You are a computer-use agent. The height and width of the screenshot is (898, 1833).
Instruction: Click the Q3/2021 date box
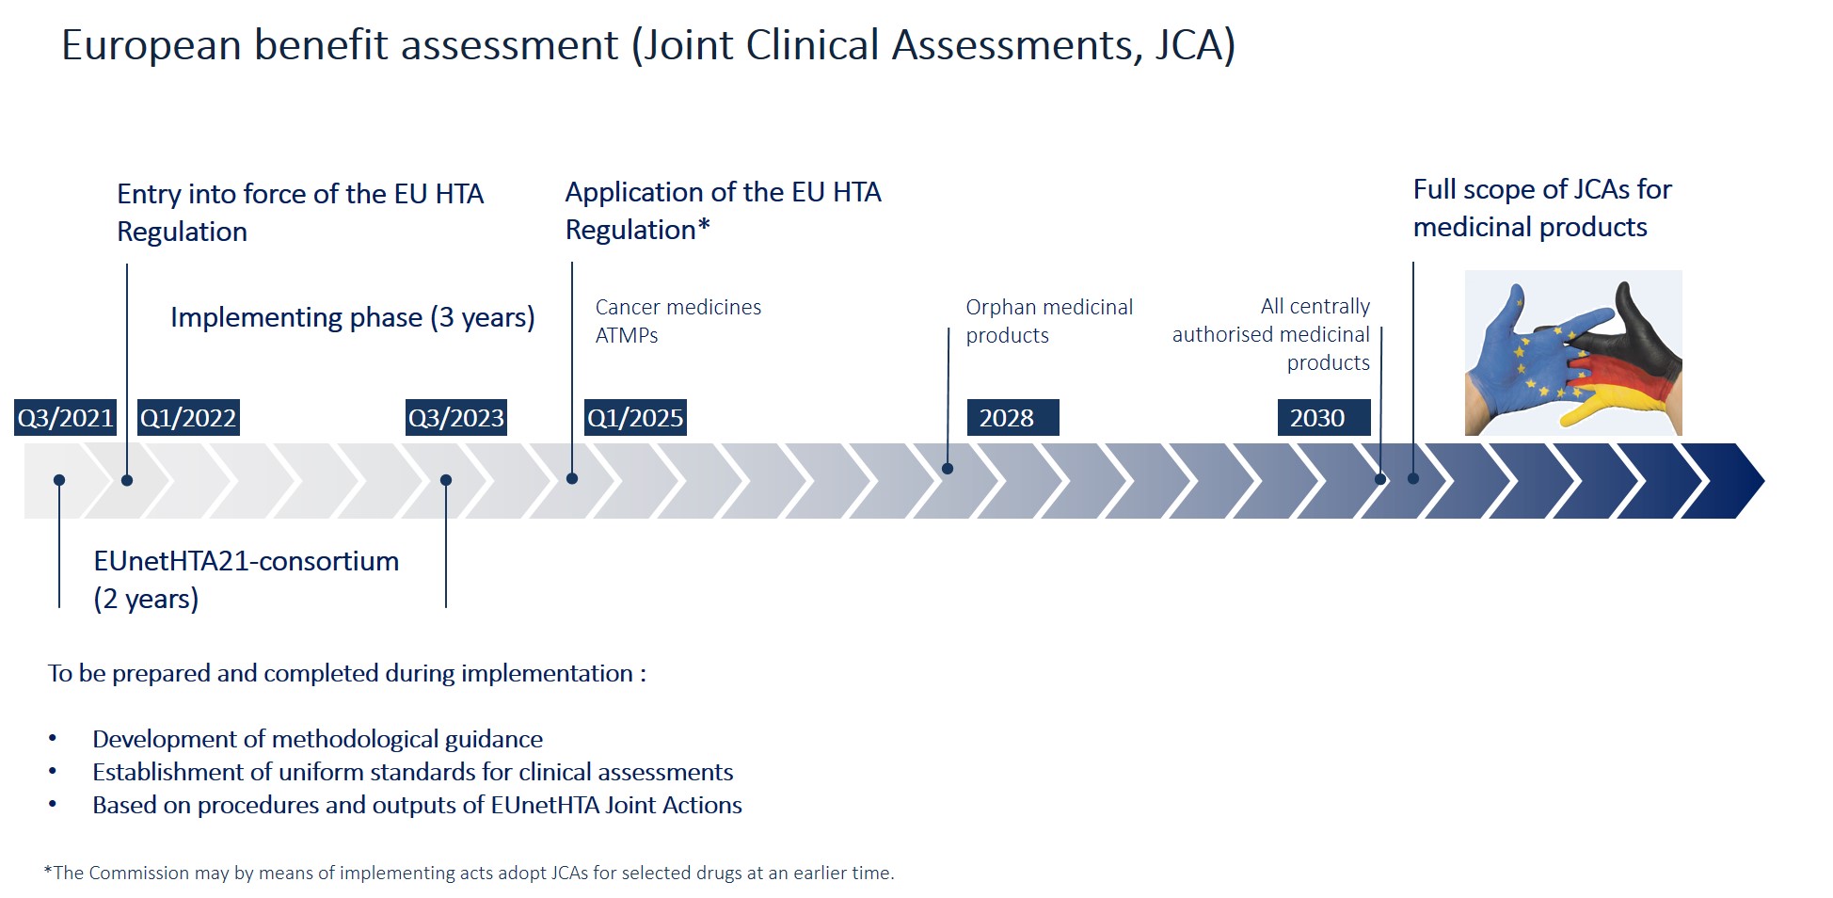click(x=65, y=418)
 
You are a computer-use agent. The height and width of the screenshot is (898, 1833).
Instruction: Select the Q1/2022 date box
click(x=188, y=418)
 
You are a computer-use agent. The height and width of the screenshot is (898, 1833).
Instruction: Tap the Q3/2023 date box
click(x=456, y=418)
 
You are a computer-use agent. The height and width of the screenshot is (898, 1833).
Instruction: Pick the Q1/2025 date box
click(x=635, y=418)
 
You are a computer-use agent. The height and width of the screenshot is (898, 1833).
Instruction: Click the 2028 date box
click(x=1013, y=418)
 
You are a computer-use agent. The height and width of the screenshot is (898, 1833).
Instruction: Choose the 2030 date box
click(x=1324, y=418)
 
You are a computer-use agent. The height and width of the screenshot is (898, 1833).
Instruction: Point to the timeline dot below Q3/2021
click(x=59, y=480)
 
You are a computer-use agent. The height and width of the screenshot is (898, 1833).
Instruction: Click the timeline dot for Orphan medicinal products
click(x=948, y=469)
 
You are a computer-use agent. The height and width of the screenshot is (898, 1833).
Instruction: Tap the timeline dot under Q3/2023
click(x=446, y=480)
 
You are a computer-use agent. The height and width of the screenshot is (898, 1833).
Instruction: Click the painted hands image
click(x=1573, y=353)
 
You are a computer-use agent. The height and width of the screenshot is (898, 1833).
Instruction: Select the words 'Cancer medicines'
click(x=678, y=307)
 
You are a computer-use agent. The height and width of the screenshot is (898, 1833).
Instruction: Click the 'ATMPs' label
click(x=627, y=335)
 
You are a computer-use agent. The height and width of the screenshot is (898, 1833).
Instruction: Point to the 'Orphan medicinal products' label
click(x=1049, y=321)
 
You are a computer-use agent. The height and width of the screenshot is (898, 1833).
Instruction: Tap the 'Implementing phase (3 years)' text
click(x=353, y=318)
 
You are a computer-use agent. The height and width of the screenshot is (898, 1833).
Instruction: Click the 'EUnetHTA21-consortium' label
click(x=247, y=561)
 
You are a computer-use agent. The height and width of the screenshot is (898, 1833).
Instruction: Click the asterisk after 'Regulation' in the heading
click(x=704, y=226)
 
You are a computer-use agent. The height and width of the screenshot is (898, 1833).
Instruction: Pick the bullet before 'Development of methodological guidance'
click(x=53, y=739)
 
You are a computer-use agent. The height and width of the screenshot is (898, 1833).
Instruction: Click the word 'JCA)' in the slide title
click(x=1195, y=45)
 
